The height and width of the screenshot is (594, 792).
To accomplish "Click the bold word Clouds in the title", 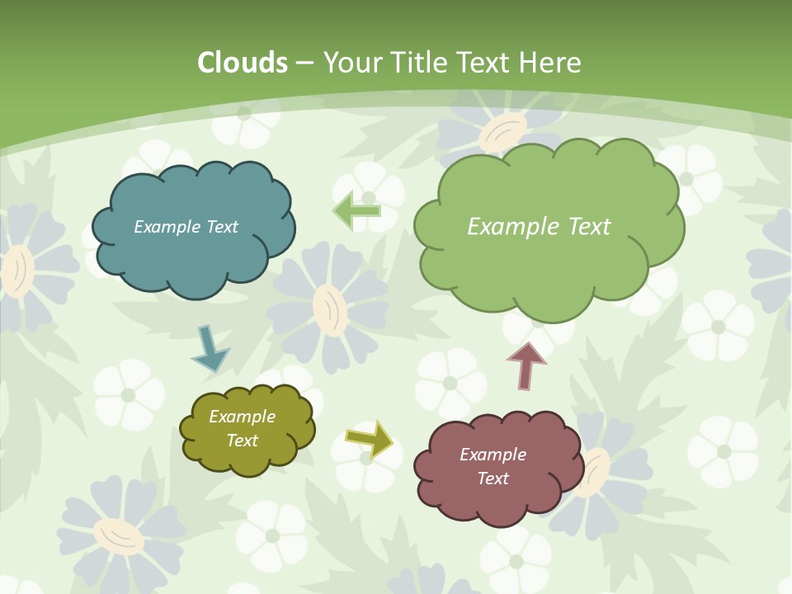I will tap(243, 63).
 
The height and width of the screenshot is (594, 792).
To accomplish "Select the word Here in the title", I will tap(550, 63).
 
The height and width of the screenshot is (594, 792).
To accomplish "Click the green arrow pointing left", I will tap(356, 210).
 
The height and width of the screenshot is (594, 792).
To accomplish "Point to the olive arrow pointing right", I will tap(369, 439).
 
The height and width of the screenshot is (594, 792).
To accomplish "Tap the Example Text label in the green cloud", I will tap(539, 227).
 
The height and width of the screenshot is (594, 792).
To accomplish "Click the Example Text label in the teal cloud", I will tap(186, 227).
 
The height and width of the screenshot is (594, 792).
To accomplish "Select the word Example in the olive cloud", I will tap(242, 417).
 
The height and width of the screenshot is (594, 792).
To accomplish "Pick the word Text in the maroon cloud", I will tap(493, 478).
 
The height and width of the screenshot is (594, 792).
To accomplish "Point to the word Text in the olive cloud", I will tap(242, 441).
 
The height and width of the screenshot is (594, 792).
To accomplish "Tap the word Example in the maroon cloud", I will tap(493, 455).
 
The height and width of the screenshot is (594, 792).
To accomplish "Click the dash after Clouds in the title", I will tap(304, 63).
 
